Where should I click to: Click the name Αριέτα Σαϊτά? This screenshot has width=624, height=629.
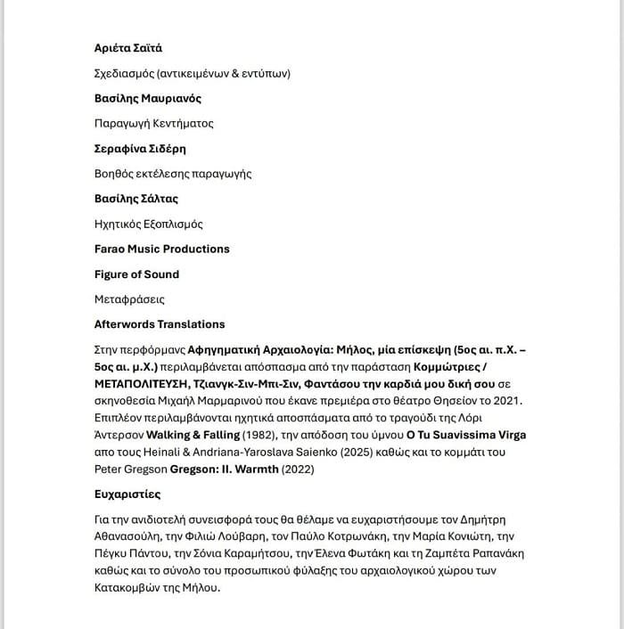tap(128, 48)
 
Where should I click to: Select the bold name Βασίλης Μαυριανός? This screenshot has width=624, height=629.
tap(148, 98)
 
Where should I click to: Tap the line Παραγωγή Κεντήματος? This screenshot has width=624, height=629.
tap(154, 123)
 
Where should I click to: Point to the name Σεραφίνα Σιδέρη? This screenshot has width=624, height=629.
tap(140, 149)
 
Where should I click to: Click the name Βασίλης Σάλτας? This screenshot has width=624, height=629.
tap(136, 199)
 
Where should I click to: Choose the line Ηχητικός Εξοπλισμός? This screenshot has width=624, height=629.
tap(149, 224)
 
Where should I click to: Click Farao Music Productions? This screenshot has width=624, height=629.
tap(162, 249)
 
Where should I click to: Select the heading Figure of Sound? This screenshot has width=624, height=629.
tap(136, 274)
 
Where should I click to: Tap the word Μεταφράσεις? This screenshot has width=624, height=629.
tap(129, 299)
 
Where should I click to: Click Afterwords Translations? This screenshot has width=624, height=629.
tap(160, 324)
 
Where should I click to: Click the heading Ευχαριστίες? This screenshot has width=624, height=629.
tap(127, 494)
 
